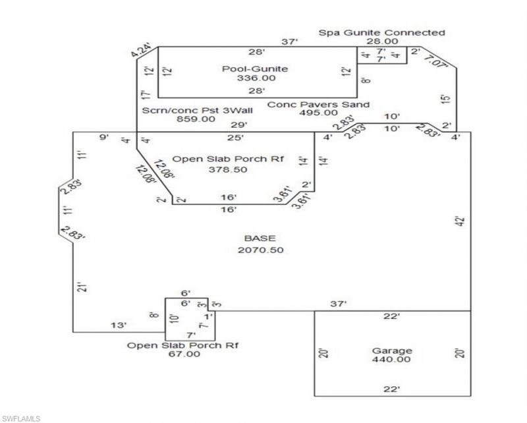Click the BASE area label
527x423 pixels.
point(260,239)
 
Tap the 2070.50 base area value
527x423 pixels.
point(260,250)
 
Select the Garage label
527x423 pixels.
point(391,351)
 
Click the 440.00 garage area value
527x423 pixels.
point(391,359)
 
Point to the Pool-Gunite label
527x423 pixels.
point(255,69)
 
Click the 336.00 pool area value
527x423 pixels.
point(256,78)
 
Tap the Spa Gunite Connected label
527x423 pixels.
point(382,33)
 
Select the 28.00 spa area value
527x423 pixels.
point(382,42)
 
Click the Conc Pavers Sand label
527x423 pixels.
point(318,105)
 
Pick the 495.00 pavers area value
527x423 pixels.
point(318,113)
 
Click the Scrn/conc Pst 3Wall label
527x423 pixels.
point(197,110)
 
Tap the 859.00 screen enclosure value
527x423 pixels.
point(196,119)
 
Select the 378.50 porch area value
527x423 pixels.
point(228,169)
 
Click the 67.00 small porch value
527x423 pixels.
point(184,354)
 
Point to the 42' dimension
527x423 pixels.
point(460,221)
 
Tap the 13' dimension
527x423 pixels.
point(119,325)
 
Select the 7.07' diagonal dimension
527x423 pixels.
point(436,62)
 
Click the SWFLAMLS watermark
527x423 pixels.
point(20,418)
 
